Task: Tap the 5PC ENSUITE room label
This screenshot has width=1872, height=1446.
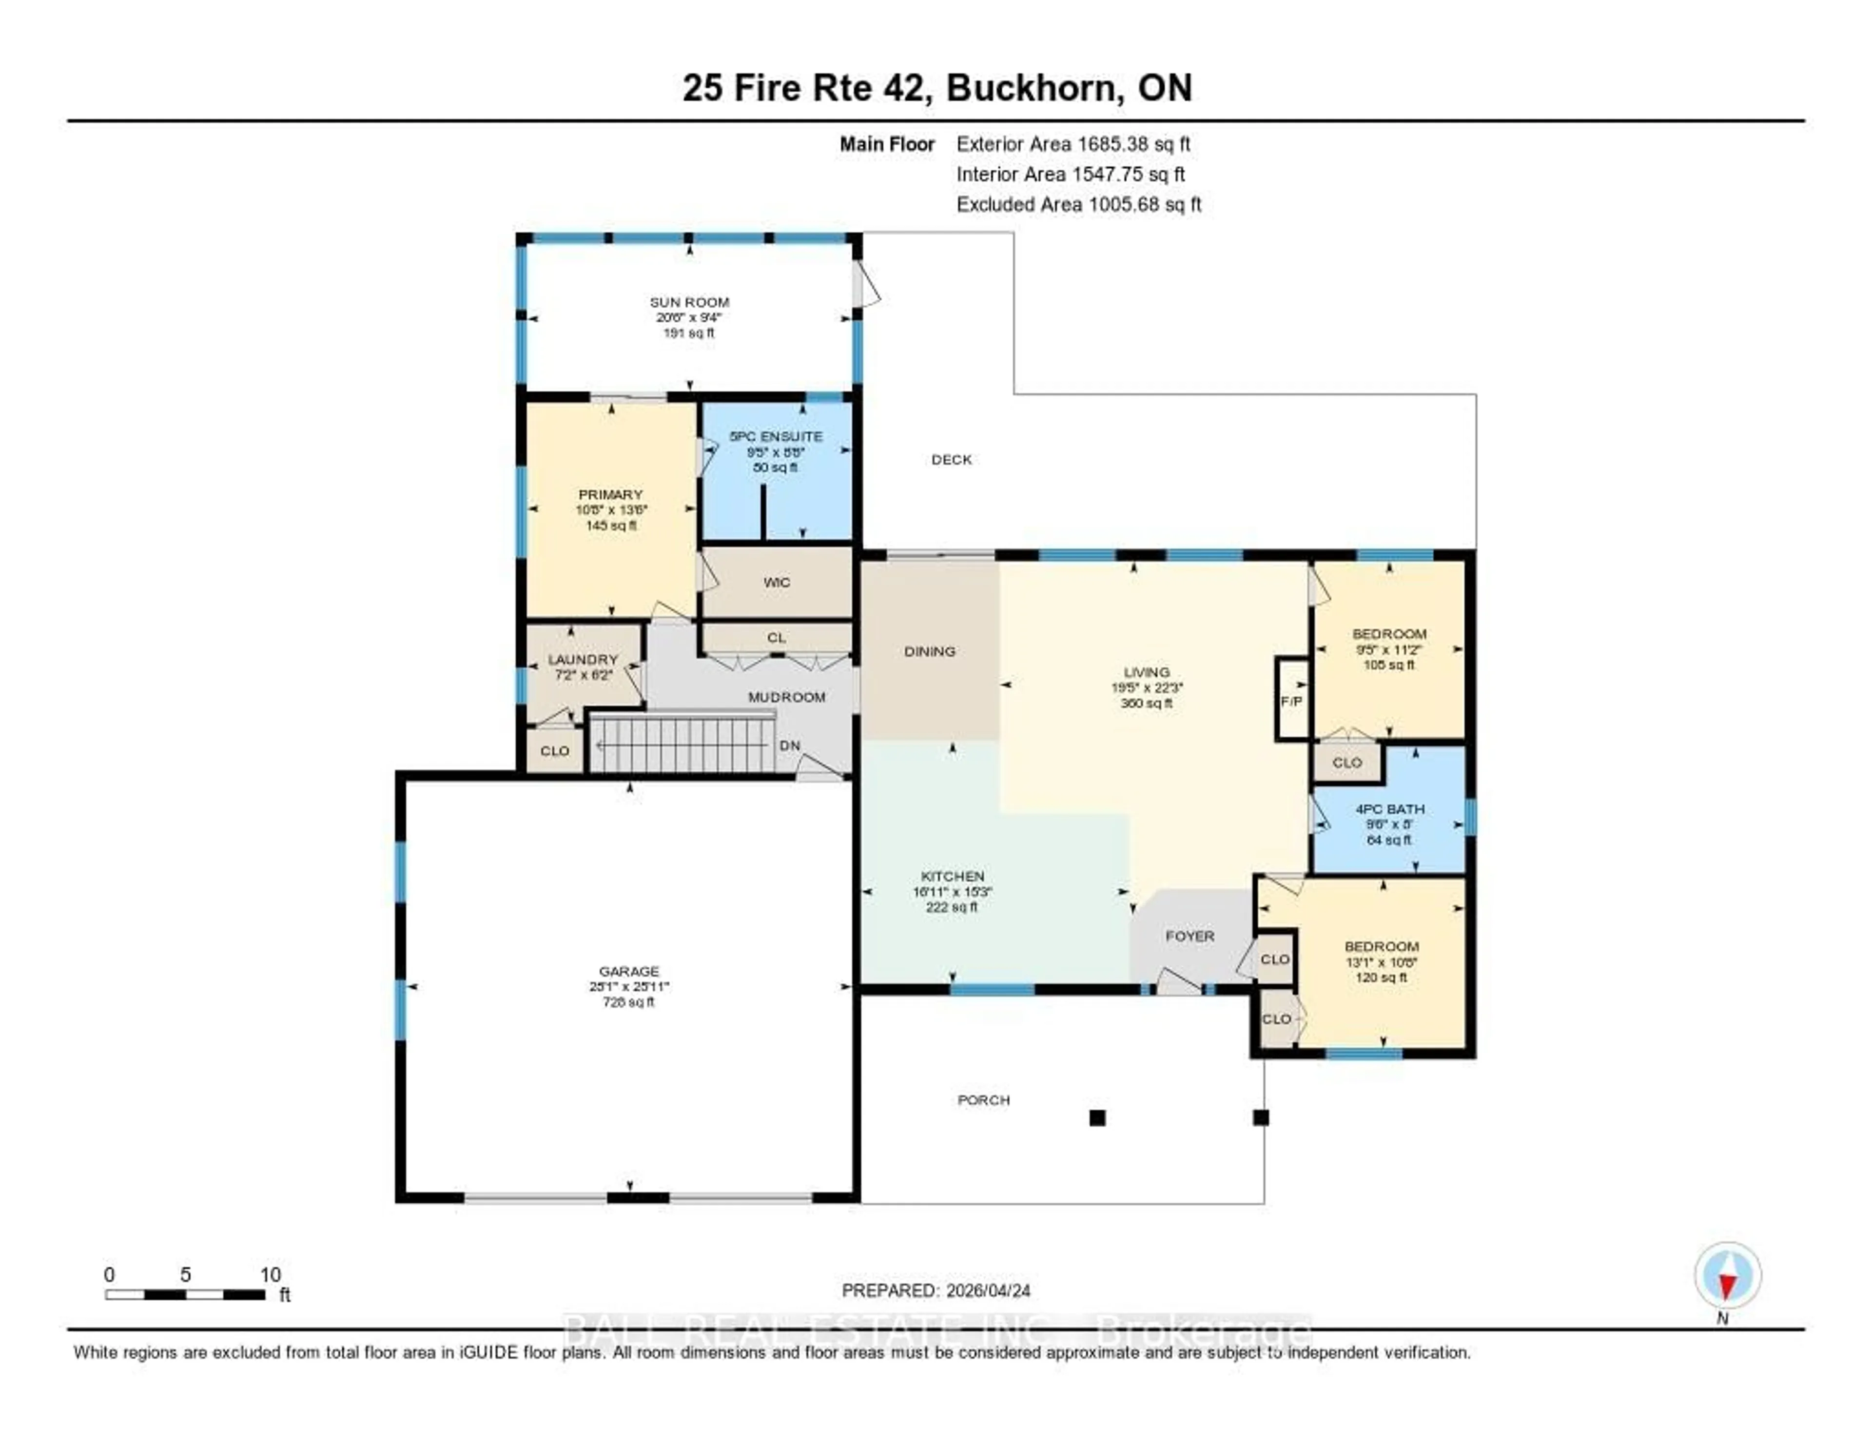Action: pyautogui.click(x=776, y=436)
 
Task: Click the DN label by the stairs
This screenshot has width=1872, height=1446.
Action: pyautogui.click(x=789, y=746)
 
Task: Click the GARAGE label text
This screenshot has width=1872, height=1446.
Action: pyautogui.click(x=629, y=971)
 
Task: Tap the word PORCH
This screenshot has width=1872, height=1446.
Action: pyautogui.click(x=983, y=1100)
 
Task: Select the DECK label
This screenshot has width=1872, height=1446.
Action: pyautogui.click(x=952, y=459)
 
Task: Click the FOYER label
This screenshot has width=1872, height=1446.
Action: pyautogui.click(x=1189, y=936)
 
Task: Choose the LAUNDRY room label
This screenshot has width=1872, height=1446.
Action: pyautogui.click(x=583, y=659)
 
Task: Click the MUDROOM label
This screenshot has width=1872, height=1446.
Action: pyautogui.click(x=786, y=697)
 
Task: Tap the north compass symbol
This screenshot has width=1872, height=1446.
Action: pyautogui.click(x=1727, y=1275)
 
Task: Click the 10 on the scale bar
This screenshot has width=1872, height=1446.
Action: pyautogui.click(x=270, y=1274)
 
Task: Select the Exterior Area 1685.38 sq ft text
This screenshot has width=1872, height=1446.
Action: pyautogui.click(x=1073, y=144)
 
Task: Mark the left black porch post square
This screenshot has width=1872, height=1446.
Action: pyautogui.click(x=1097, y=1118)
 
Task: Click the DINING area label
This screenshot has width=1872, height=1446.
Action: pyautogui.click(x=929, y=651)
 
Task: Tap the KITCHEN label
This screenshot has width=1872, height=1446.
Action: pyautogui.click(x=952, y=876)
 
